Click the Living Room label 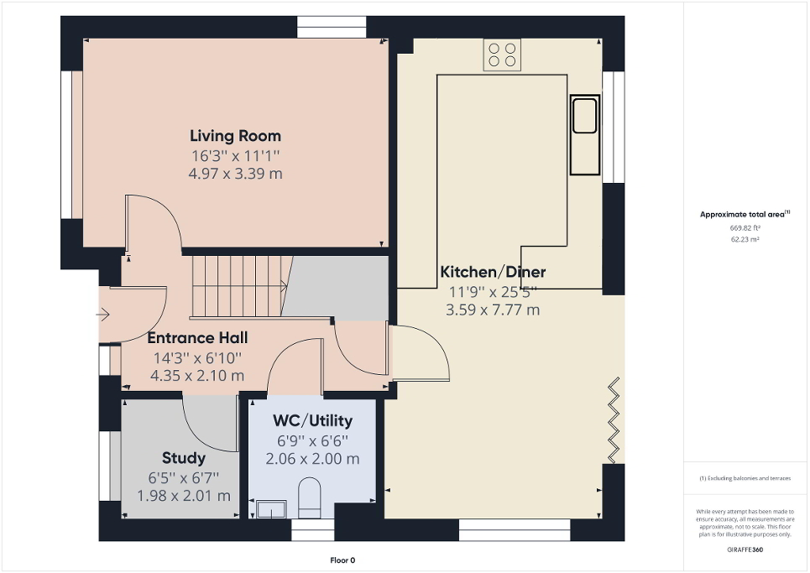point(235,136)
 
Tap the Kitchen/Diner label point(493,272)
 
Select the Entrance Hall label point(197,338)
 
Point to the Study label point(183,458)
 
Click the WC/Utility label point(312,421)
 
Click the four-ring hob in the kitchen point(502,55)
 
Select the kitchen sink point(584,116)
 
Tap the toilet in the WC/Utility point(310,495)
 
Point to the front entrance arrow point(103,315)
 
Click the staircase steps point(239,285)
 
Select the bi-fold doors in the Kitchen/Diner point(615,419)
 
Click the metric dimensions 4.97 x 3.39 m point(235,174)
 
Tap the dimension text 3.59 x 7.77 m point(493,310)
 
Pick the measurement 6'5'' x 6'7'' point(183,477)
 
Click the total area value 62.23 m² point(745,239)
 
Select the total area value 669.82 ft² point(745,227)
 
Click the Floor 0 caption point(342,560)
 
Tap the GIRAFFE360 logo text point(745,549)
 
